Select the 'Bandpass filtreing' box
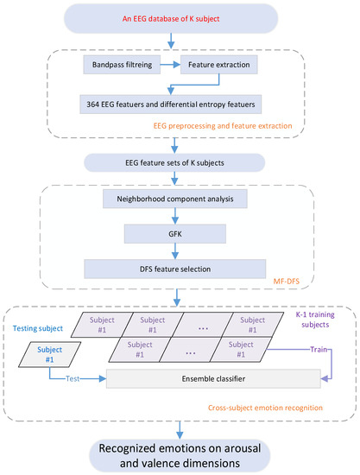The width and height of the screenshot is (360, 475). (x=124, y=65)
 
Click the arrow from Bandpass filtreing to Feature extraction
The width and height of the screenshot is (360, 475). (x=174, y=65)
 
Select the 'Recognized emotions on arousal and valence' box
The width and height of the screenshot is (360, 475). (x=180, y=450)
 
